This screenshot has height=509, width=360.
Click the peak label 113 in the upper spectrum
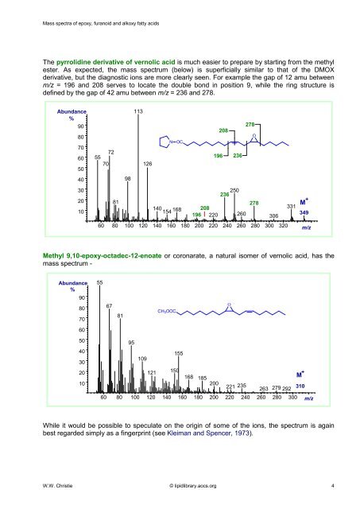pyautogui.click(x=137, y=113)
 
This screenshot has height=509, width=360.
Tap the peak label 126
pyautogui.click(x=148, y=164)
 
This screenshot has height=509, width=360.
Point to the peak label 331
pyautogui.click(x=290, y=207)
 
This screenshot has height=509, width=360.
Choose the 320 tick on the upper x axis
pyautogui.click(x=273, y=225)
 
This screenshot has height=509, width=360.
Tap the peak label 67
pyautogui.click(x=110, y=305)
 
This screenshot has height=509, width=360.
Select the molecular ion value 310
pyautogui.click(x=301, y=386)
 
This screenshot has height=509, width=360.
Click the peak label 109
pyautogui.click(x=142, y=359)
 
